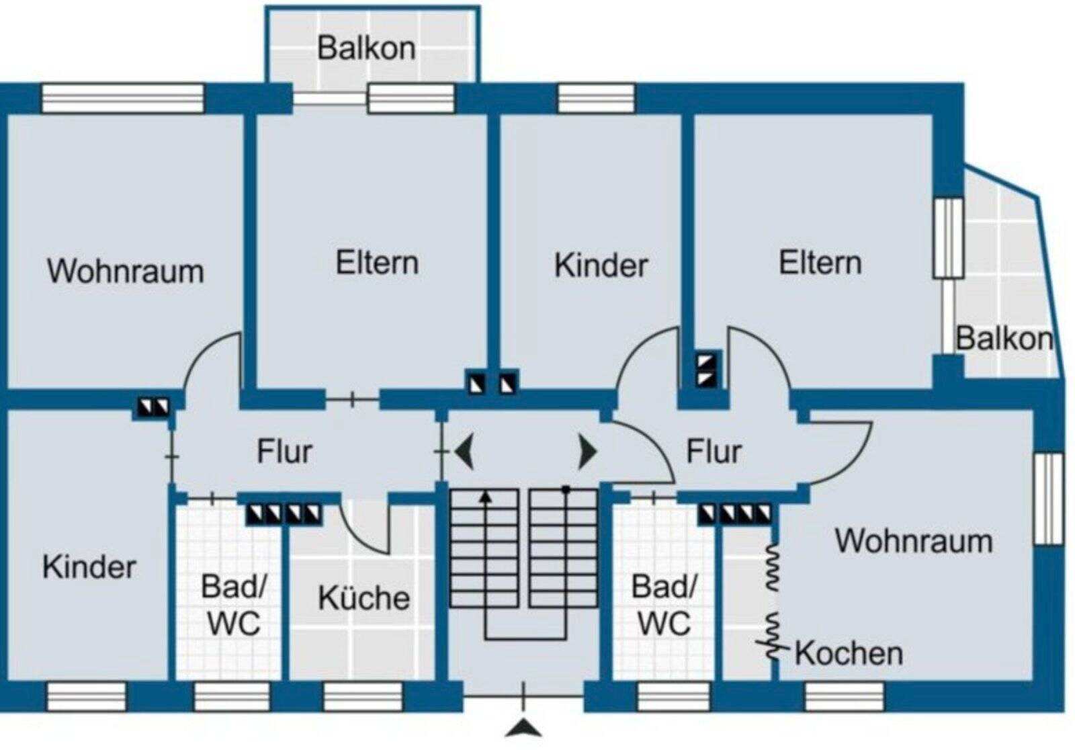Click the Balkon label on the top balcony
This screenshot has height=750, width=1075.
pyautogui.click(x=366, y=48)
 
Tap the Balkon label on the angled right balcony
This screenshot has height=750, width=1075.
pyautogui.click(x=1004, y=338)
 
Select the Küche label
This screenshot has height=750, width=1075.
pyautogui.click(x=363, y=598)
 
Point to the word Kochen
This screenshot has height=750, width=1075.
pyautogui.click(x=849, y=653)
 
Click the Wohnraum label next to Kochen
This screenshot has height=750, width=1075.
pyautogui.click(x=913, y=541)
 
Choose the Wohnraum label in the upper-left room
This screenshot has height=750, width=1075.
pyautogui.click(x=125, y=271)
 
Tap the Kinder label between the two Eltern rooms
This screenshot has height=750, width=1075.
pyautogui.click(x=601, y=265)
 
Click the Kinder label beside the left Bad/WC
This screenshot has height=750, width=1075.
pyautogui.click(x=89, y=567)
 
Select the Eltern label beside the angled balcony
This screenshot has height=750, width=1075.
pyautogui.click(x=820, y=263)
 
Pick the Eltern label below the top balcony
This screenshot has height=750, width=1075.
pyautogui.click(x=377, y=263)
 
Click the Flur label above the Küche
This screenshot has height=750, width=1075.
pyautogui.click(x=284, y=452)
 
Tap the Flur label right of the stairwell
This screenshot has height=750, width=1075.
pyautogui.click(x=714, y=452)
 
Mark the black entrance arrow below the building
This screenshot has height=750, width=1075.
pyautogui.click(x=523, y=728)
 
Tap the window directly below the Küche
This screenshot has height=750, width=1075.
pyautogui.click(x=363, y=697)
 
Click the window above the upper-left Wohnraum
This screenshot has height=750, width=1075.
pyautogui.click(x=123, y=98)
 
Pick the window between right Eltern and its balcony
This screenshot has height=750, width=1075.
pyautogui.click(x=949, y=238)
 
